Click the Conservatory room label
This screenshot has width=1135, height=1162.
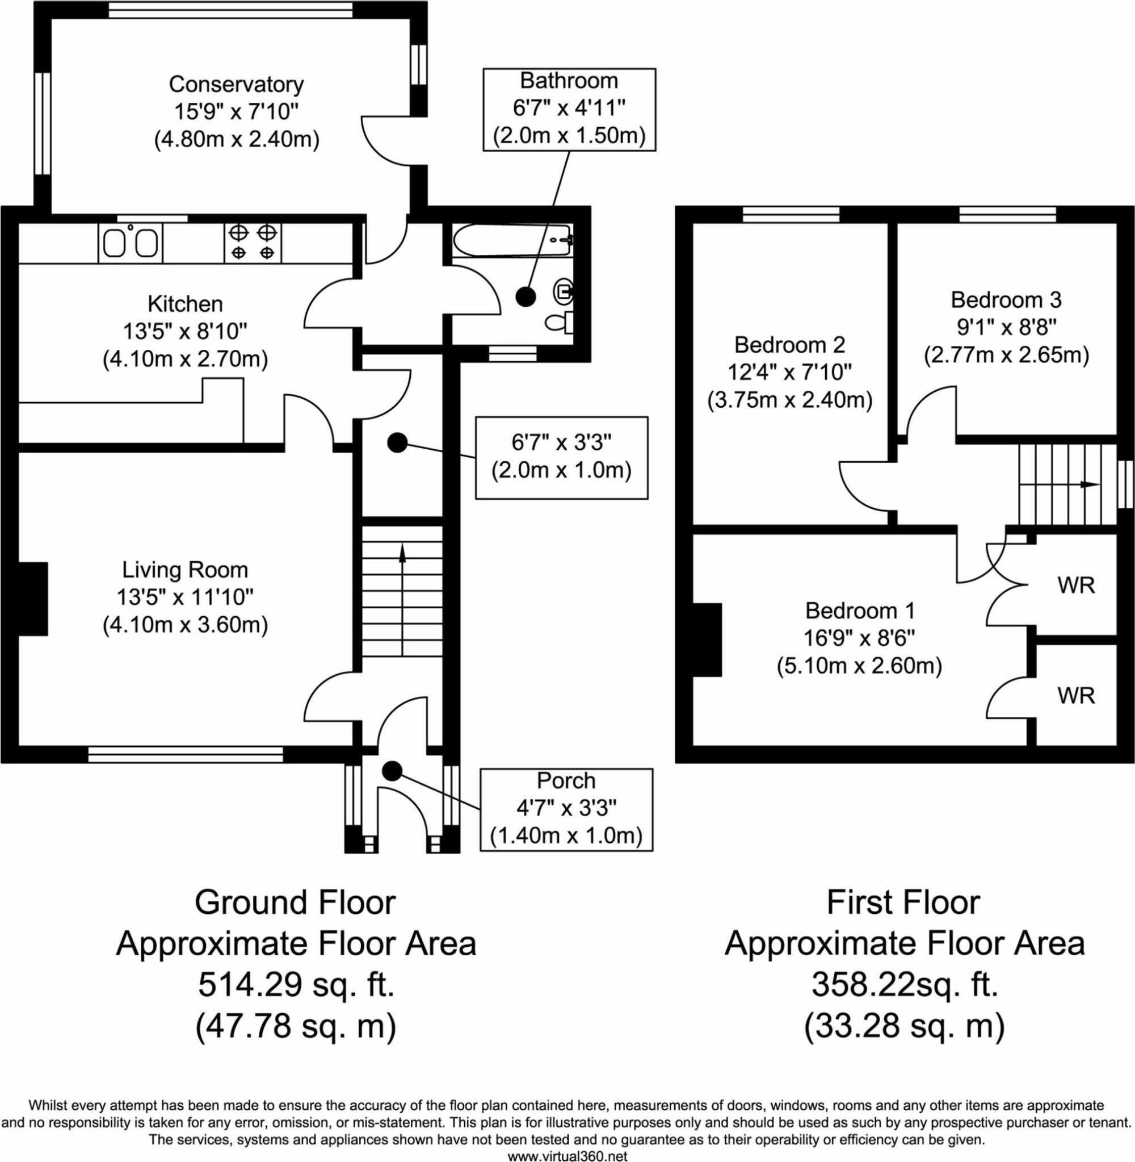[x=236, y=84]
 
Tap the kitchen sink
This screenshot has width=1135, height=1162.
[x=130, y=242]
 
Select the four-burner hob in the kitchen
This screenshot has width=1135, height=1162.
[x=253, y=242]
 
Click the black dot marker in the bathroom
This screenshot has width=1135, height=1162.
[x=525, y=296]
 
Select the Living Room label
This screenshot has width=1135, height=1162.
[x=186, y=570]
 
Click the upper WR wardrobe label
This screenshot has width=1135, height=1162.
[x=1077, y=585]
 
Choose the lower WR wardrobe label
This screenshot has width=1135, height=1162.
[x=1077, y=695]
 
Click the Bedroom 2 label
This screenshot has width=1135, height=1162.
[x=790, y=345]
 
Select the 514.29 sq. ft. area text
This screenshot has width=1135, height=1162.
[x=296, y=985]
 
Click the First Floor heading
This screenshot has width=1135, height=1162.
[x=903, y=902]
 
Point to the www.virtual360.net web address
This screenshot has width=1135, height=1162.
[x=567, y=1155]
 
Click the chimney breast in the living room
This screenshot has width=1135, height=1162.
[x=33, y=599]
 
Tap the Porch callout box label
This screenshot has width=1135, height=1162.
[x=566, y=781]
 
